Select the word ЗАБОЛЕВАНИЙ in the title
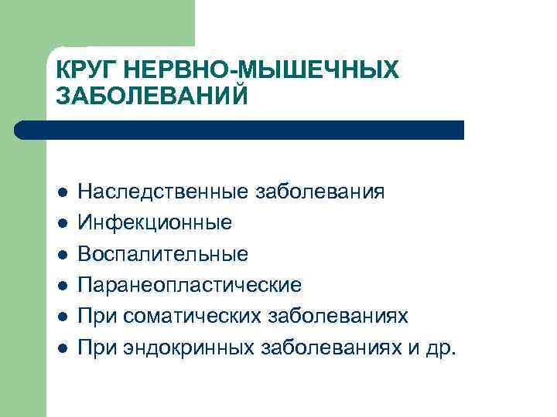point(153,97)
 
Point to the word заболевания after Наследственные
point(320,192)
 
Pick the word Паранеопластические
point(190,285)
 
